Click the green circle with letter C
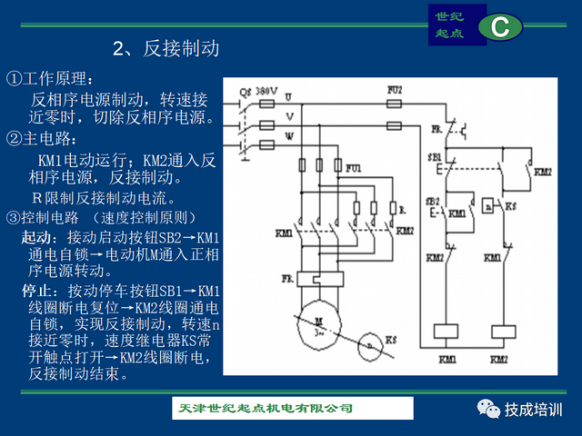[498, 26]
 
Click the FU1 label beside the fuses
[353, 168]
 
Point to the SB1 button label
[433, 156]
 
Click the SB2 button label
[432, 200]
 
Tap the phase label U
[288, 95]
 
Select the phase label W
[289, 135]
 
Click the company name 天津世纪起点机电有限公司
[265, 408]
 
